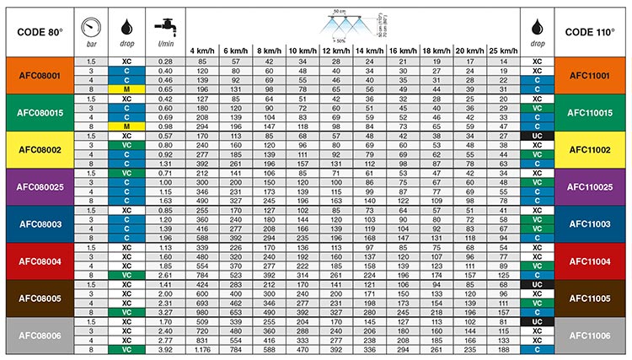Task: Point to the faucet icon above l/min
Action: (x=164, y=23)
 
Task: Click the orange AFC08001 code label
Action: (x=38, y=75)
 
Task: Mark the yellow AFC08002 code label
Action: (x=38, y=149)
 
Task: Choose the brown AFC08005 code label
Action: (x=38, y=298)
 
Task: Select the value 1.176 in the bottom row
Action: (x=202, y=350)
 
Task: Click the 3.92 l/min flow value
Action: (x=165, y=350)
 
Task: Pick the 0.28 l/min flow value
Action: (x=165, y=62)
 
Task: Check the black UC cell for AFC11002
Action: (x=537, y=136)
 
